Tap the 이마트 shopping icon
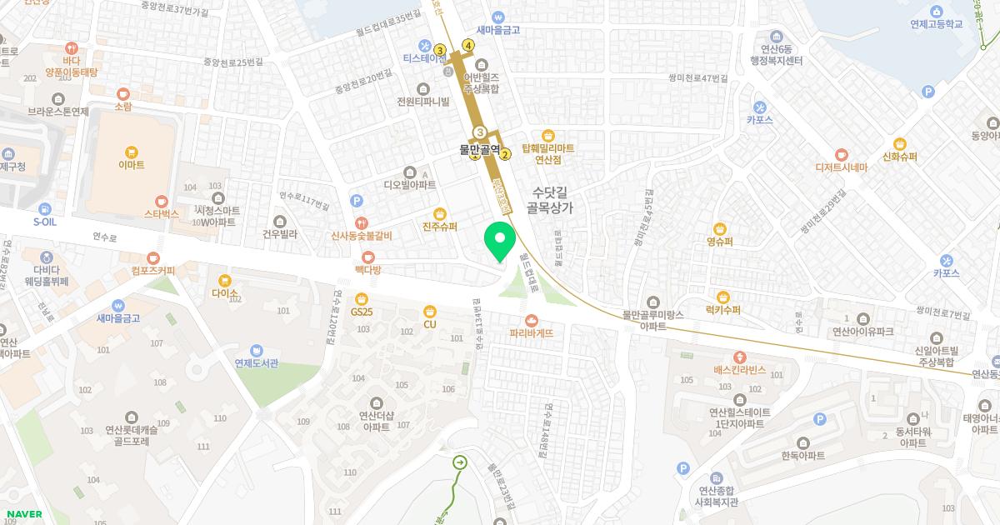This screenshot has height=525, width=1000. [132, 152]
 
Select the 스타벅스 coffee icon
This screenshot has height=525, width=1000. [162, 201]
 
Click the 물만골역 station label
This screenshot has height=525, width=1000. [480, 150]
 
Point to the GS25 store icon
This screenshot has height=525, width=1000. [361, 298]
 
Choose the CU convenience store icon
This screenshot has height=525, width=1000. [430, 311]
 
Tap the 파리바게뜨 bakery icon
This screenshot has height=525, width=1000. [532, 320]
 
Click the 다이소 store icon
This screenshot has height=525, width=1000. [224, 280]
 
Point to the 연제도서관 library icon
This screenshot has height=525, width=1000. [255, 349]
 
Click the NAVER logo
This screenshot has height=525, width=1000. [24, 514]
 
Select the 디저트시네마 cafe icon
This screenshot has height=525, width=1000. [841, 154]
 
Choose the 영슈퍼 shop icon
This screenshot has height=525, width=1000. [720, 228]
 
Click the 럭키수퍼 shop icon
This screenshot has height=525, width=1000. [722, 297]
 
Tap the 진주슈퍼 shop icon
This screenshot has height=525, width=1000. [440, 213]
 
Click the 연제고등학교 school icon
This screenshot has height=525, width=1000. [937, 12]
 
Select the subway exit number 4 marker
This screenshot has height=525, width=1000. [468, 45]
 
